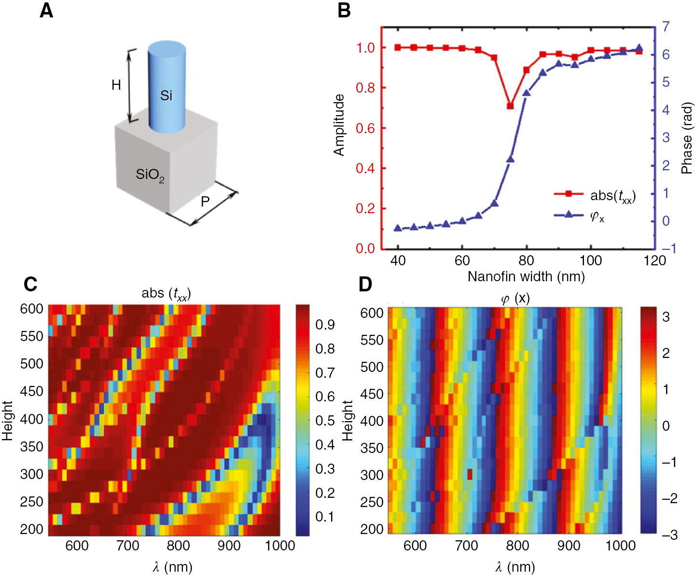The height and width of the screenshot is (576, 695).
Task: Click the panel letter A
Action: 46,10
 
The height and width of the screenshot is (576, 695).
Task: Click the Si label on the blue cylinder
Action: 166,96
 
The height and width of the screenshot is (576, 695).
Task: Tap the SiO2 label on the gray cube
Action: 150,175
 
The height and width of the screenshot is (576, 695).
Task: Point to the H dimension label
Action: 116,85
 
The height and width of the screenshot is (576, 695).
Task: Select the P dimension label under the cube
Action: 205,201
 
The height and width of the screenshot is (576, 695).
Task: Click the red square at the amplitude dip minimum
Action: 510,106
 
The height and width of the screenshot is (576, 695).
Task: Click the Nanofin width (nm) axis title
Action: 526,276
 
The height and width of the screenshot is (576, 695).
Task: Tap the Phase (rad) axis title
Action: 686,138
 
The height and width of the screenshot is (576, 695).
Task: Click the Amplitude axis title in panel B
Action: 339,125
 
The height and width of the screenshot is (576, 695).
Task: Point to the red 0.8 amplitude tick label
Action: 365,88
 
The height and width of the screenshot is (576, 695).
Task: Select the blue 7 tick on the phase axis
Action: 666,27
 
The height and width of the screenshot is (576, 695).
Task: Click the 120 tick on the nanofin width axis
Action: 654,261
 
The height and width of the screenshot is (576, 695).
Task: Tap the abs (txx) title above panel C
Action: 166,293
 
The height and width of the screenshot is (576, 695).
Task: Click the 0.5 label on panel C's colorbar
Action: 325,421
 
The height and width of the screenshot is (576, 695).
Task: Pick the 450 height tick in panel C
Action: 31,391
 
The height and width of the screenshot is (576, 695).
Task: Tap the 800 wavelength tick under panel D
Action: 517,546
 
